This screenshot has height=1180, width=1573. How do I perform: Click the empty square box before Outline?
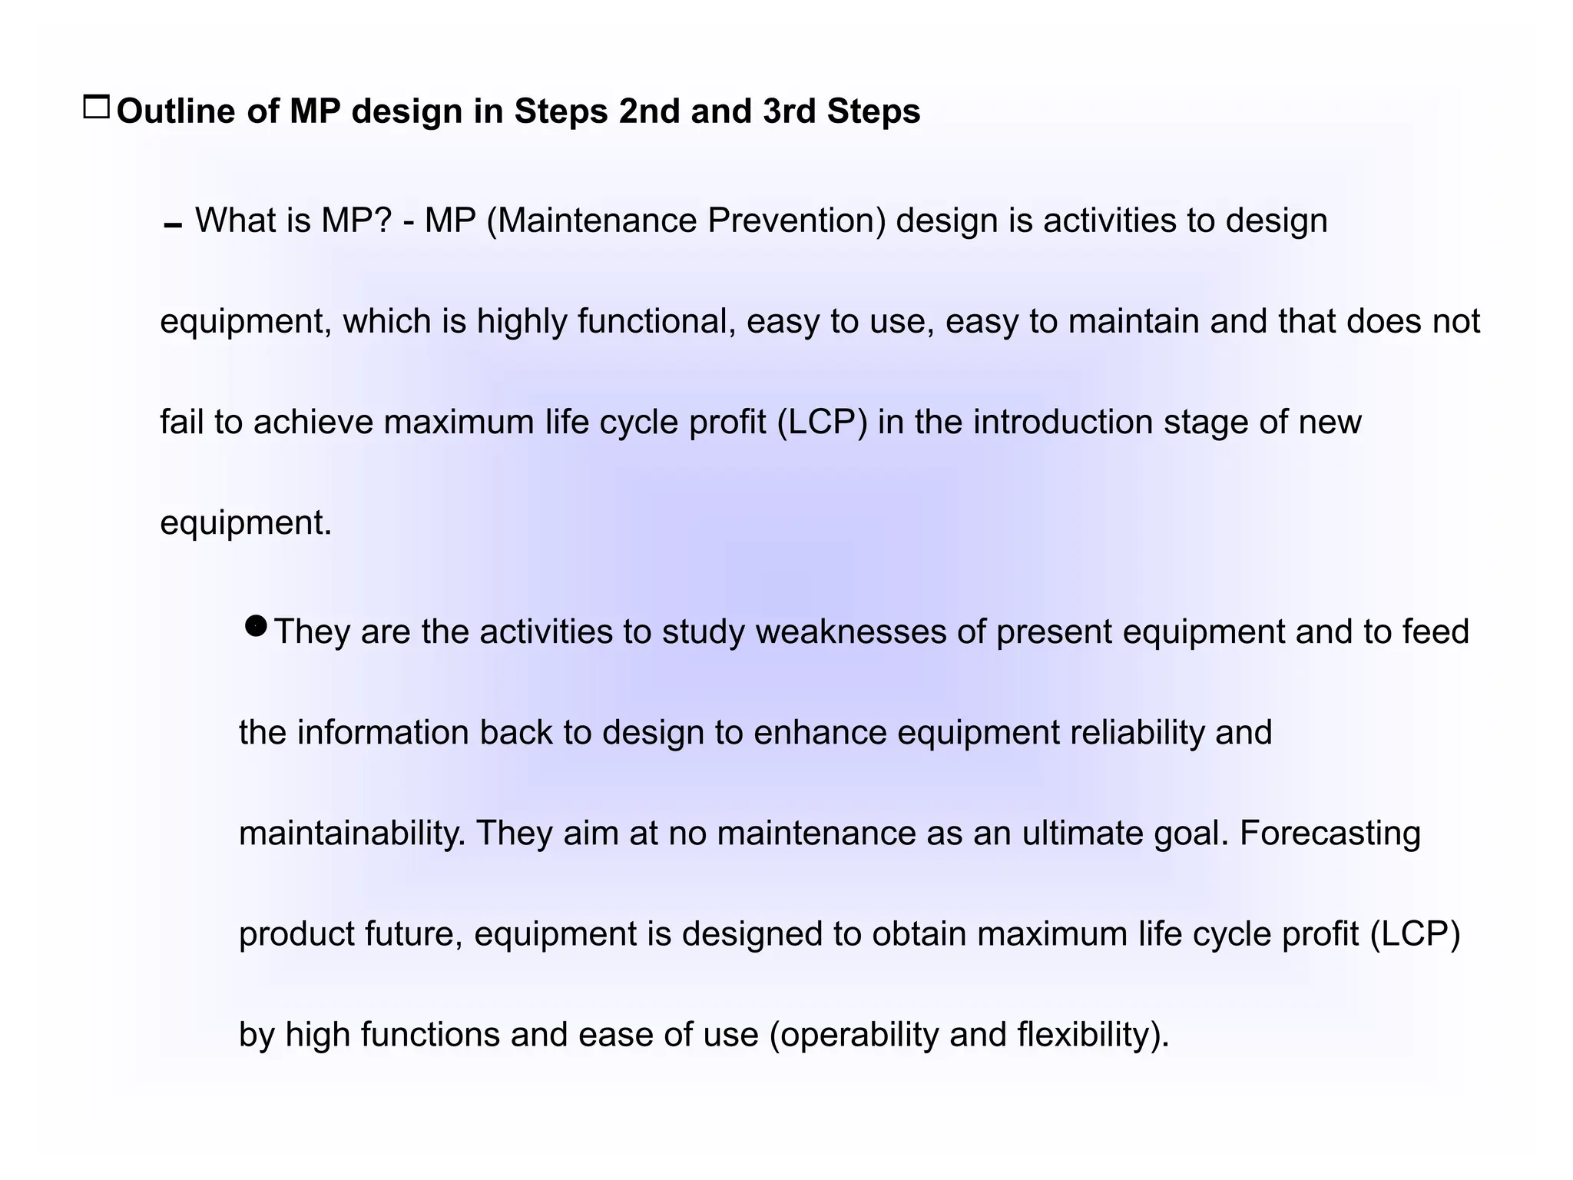coord(97,108)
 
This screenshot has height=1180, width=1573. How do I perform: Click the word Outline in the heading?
coord(176,111)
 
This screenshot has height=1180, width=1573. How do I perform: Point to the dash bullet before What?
coord(173,226)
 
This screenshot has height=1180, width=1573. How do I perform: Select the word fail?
coord(181,423)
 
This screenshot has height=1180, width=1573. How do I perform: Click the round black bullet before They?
coord(256,626)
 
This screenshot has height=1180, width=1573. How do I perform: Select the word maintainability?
coord(352,834)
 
